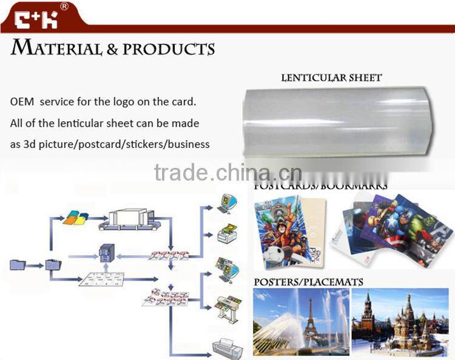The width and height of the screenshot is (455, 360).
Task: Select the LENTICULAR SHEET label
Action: tap(331, 78)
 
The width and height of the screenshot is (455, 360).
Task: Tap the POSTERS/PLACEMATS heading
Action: tap(308, 282)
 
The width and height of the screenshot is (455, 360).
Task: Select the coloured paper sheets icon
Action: tap(76, 216)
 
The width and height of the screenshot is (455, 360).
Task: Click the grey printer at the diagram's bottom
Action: tap(226, 349)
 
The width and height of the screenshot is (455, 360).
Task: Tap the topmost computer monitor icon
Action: tap(225, 202)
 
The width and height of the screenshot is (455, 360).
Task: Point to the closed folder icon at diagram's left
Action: tap(17, 264)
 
